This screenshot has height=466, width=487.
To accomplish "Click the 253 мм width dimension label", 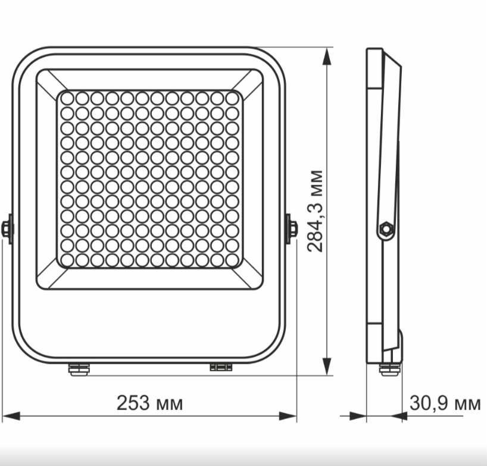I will [149, 404].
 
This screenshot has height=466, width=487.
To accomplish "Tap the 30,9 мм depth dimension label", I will [445, 404].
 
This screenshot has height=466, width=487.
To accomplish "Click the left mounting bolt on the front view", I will [7, 229].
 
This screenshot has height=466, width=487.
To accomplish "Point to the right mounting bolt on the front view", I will [292, 229].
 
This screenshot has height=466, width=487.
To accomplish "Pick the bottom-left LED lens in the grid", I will [67, 259].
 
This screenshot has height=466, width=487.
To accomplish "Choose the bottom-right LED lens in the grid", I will [233, 259].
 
